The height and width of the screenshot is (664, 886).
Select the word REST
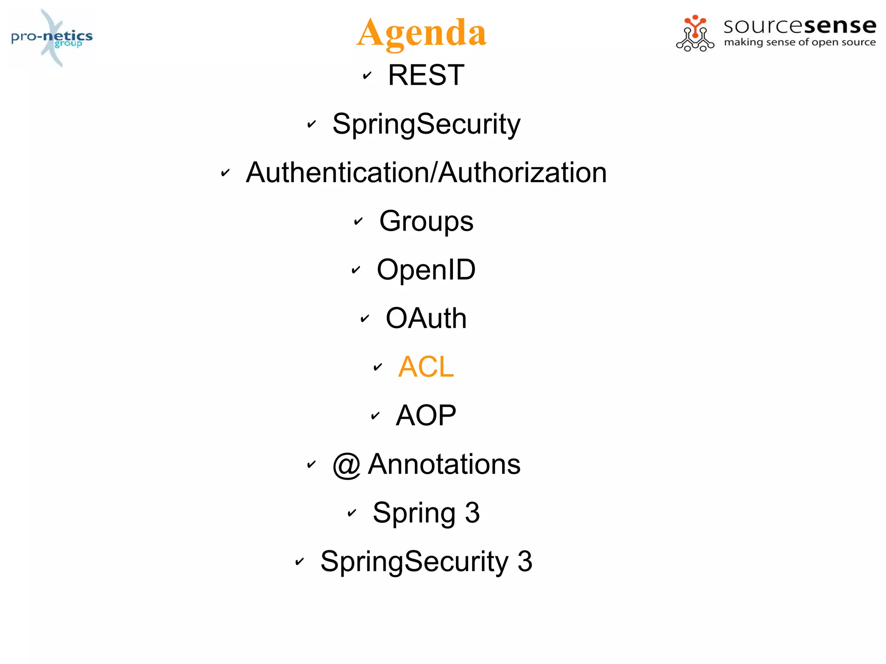[x=426, y=75]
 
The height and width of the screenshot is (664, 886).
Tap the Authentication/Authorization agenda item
[x=426, y=173]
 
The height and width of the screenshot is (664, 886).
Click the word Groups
[x=426, y=221]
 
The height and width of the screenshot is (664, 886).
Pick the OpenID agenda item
[x=426, y=270]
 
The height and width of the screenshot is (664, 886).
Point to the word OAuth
[x=426, y=318]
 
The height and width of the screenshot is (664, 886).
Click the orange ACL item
[x=426, y=367]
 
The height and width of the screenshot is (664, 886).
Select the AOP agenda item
[x=426, y=415]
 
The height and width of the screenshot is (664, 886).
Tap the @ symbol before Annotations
[x=347, y=465]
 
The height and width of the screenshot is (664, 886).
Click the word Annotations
[x=444, y=464]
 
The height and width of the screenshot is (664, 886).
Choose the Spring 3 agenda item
[x=426, y=513]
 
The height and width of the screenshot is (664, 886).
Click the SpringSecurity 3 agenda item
[x=426, y=561]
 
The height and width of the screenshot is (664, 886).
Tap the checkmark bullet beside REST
[x=367, y=76]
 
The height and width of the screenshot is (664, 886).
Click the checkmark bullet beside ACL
[x=378, y=367]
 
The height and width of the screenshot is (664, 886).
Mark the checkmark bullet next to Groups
[x=358, y=221]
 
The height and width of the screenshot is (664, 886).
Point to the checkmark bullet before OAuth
[x=365, y=319]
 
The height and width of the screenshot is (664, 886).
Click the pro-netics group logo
[x=52, y=38]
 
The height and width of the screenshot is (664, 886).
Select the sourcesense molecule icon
[x=695, y=34]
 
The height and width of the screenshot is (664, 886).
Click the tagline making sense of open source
[x=799, y=42]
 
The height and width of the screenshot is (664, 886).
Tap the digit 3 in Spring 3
[x=472, y=513]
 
